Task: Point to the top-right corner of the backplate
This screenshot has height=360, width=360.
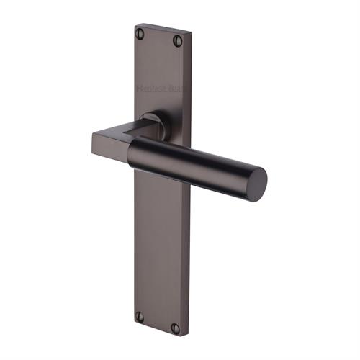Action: click(192, 35)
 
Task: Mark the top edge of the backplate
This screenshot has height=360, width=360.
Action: click(163, 29)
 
